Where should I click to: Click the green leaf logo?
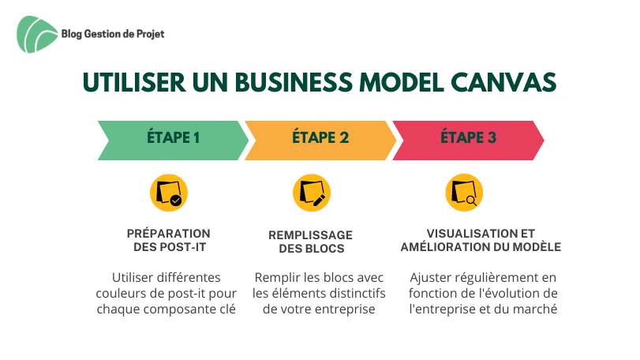click(37, 34)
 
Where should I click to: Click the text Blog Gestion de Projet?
click(113, 34)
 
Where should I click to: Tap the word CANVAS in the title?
click(503, 82)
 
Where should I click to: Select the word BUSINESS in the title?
click(294, 82)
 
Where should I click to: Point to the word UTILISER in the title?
click(134, 82)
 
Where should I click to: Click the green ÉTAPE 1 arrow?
click(173, 141)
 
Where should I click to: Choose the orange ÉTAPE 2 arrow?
click(320, 141)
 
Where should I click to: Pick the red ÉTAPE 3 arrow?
click(468, 141)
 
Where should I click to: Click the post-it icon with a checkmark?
click(169, 193)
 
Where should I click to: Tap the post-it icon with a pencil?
click(312, 193)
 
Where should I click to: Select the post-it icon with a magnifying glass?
click(464, 193)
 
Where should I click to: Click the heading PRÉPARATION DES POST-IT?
click(169, 241)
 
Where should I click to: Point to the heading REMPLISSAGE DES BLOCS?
click(311, 242)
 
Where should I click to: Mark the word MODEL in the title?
click(402, 82)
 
